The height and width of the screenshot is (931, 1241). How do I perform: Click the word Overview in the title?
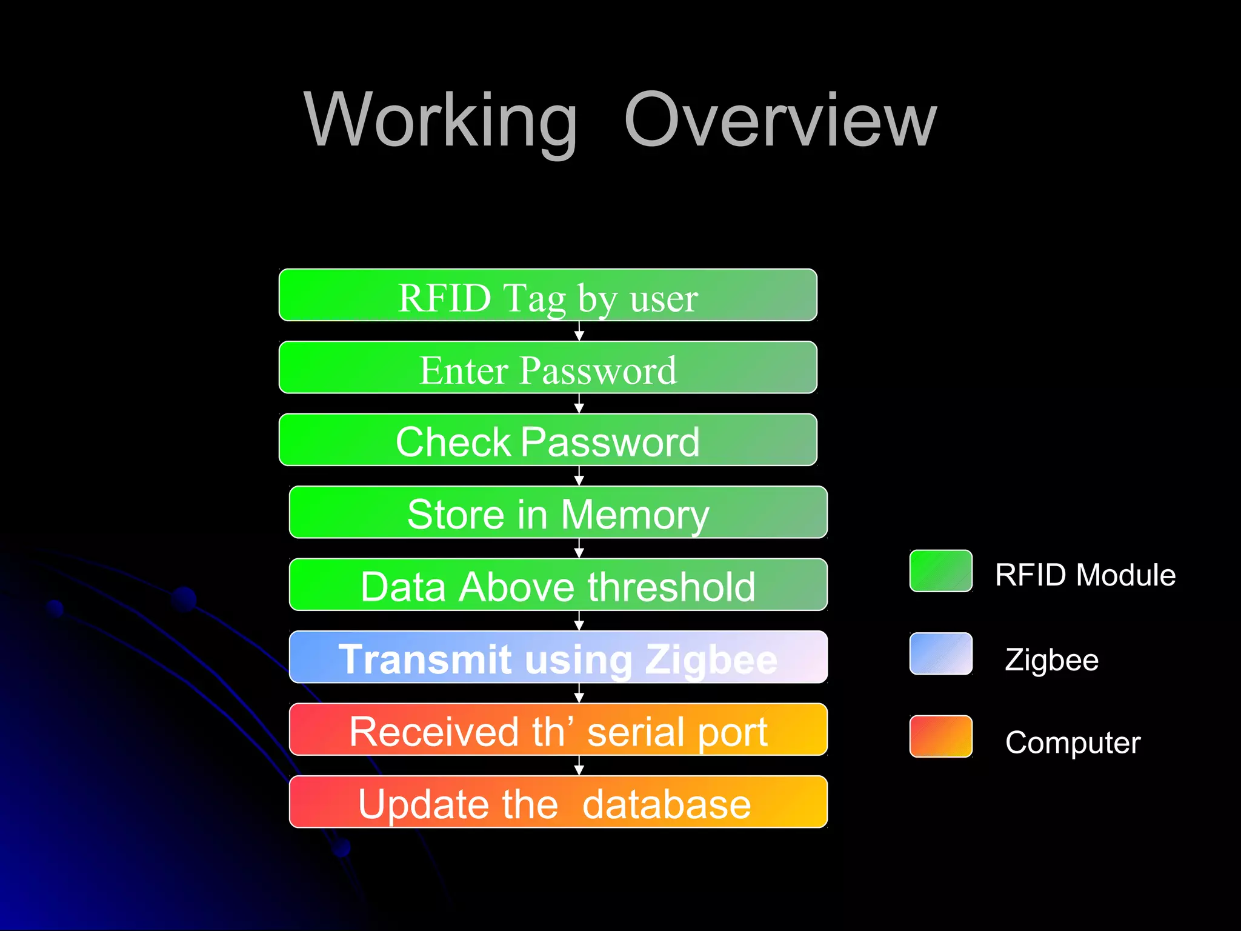point(780,120)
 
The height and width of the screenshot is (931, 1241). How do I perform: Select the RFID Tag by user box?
point(548,295)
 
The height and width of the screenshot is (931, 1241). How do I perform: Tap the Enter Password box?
point(548,368)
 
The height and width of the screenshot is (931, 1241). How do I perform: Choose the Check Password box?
point(548,440)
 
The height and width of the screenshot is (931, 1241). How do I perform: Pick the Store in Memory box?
point(558,512)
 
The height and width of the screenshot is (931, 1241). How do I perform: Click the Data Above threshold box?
point(558,585)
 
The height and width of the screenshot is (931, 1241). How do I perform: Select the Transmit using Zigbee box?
point(558,657)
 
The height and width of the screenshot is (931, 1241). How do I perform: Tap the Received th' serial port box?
point(558,730)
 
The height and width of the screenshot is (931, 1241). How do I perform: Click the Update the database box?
point(558,802)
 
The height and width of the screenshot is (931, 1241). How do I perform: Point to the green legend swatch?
point(940,571)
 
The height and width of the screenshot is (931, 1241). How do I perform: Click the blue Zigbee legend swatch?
point(940,654)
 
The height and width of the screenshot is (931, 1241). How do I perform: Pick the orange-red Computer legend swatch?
point(940,736)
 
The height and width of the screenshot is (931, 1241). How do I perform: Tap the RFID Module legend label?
point(1085,575)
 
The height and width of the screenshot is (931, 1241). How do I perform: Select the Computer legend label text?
point(1073,742)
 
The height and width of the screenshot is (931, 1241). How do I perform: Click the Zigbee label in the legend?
point(1051,659)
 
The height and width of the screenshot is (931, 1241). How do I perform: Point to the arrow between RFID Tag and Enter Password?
point(579,332)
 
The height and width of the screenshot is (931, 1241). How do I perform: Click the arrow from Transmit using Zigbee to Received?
point(579,693)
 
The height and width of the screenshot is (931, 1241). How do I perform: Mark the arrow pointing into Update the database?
point(579,766)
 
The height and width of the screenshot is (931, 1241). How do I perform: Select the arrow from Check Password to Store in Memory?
point(579,476)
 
